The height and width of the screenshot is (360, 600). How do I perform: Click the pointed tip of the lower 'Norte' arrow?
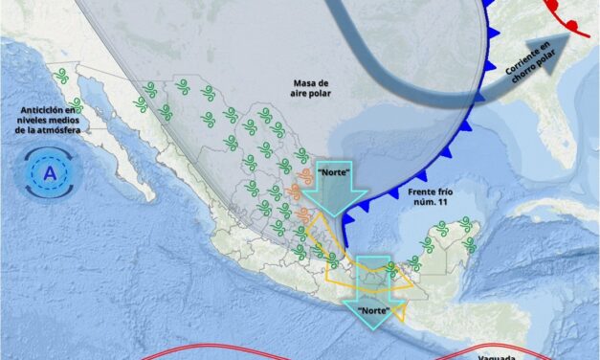point(376,329)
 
